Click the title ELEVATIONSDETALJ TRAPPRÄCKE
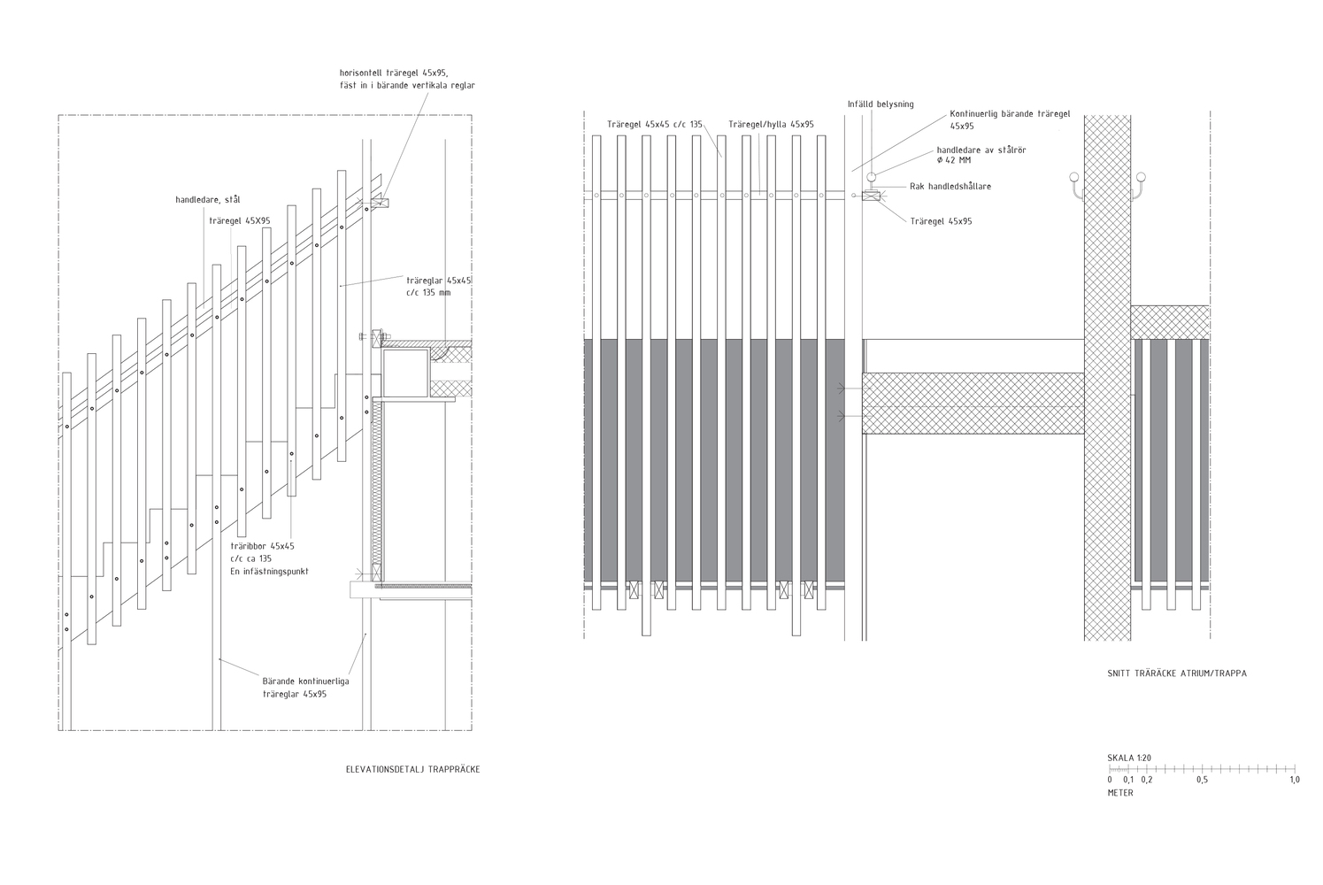(412, 770)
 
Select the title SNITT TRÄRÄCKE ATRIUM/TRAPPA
(1177, 673)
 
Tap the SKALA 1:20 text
(1129, 758)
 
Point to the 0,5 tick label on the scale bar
(1202, 781)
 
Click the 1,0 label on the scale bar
(1295, 781)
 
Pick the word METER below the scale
(1120, 793)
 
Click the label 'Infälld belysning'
(881, 104)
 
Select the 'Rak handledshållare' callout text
(950, 187)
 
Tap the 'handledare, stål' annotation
(207, 200)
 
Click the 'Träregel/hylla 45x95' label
(771, 125)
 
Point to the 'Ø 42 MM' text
(954, 161)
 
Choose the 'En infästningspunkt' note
(269, 572)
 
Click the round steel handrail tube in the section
(872, 176)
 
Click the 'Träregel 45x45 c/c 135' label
(655, 125)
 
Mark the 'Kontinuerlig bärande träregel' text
(1010, 114)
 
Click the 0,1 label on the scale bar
(1127, 781)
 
